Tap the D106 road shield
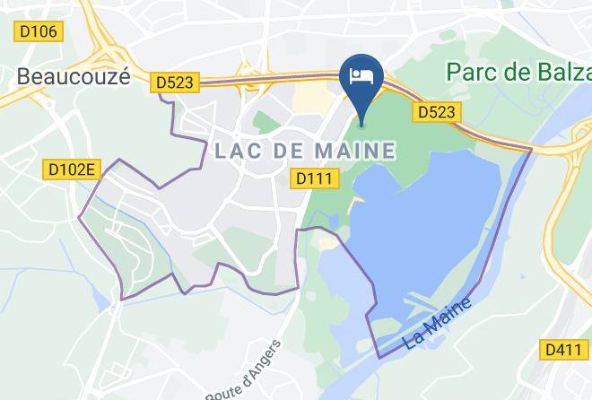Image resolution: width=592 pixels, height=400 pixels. pos(38,31)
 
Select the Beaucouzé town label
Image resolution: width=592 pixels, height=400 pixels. pos(73,77)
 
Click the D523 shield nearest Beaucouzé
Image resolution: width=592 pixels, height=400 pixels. pos(175,82)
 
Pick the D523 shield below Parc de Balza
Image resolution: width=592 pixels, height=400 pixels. pos(438,112)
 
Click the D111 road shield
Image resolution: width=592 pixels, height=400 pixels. pos(318,179)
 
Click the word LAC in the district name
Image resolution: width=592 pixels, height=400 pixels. pos(241,151)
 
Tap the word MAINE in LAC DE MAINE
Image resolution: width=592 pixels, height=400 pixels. pos(356,151)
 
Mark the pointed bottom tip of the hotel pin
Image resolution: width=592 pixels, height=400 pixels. pos(363,126)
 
